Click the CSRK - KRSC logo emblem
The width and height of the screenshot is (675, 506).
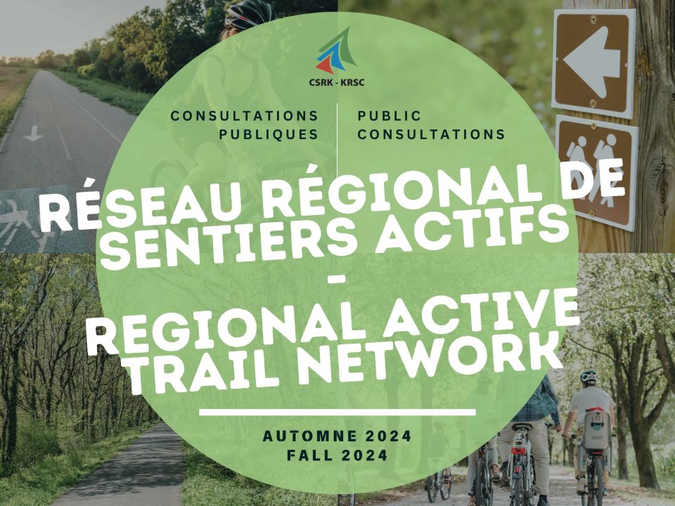click(336, 51)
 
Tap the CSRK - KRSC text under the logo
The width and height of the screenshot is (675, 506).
click(337, 82)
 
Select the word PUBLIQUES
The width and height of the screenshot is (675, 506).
click(269, 134)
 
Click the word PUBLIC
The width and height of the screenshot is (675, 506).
click(389, 115)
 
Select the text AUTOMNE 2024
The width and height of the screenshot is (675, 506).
click(337, 436)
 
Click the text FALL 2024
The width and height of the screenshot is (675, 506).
click(337, 455)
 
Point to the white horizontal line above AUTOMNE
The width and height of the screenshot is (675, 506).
click(337, 413)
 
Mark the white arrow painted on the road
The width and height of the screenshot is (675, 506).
click(34, 134)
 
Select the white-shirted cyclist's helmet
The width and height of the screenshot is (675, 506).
click(589, 377)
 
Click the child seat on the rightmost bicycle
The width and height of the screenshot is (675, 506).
click(596, 428)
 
